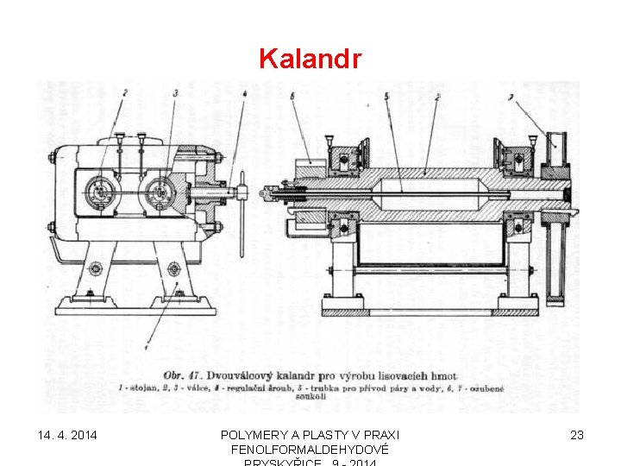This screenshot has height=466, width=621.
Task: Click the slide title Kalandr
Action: click(310, 60)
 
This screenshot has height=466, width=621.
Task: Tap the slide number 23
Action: click(577, 435)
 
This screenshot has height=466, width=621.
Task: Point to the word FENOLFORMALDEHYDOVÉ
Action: click(310, 450)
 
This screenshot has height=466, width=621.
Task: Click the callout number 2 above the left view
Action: click(124, 92)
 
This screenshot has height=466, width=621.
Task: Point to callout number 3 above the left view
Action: click(176, 92)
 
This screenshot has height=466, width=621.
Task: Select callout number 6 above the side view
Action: click(292, 97)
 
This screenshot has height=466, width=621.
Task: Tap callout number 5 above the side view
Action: click(386, 96)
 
